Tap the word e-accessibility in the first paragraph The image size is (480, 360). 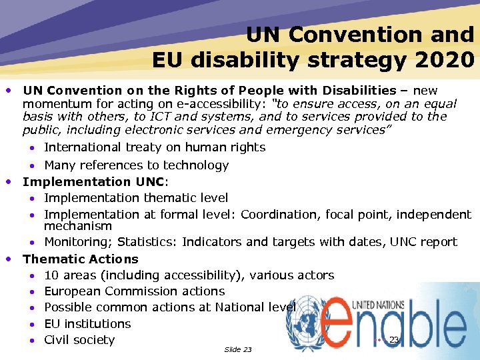tap(223, 103)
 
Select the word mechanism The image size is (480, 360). tap(78, 227)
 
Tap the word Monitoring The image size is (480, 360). tap(73, 241)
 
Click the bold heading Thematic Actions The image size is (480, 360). tap(81, 259)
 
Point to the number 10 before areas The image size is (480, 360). tap(51, 275)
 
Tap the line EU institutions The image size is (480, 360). tap(87, 323)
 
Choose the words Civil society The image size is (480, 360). tap(79, 340)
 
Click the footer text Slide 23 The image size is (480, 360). tap(238, 349)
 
